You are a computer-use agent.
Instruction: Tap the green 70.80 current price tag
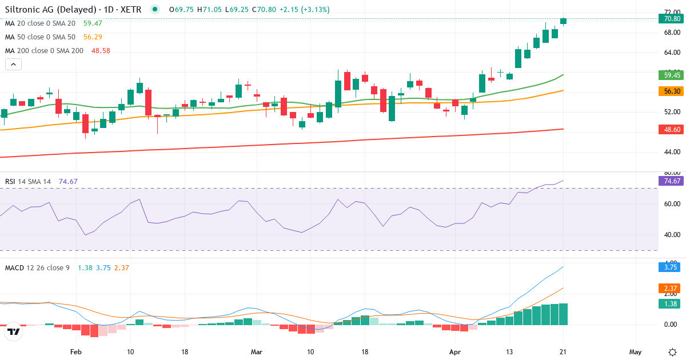pos(671,19)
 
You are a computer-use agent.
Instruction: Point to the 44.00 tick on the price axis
pos(672,152)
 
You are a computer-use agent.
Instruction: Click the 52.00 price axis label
pos(672,112)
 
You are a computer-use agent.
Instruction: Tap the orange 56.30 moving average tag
pos(671,91)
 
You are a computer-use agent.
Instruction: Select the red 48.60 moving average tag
pos(671,130)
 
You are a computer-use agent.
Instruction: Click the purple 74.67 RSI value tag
pos(671,181)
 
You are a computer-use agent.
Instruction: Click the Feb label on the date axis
pos(75,351)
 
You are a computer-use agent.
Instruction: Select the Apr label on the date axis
pos(455,351)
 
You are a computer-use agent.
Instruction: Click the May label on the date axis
pos(636,351)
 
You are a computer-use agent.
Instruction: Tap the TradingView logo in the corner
pos(14,331)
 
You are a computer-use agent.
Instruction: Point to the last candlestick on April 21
pos(564,21)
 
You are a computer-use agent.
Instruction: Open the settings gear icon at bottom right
pos(672,351)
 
